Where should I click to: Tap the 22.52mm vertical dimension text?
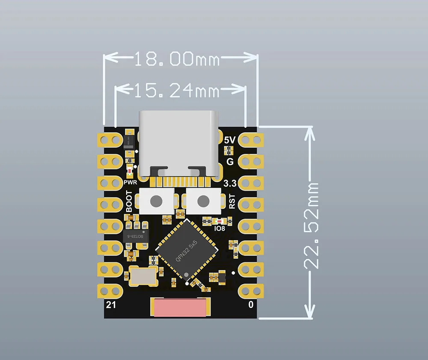click(x=312, y=225)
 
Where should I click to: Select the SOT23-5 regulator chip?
click(x=136, y=236)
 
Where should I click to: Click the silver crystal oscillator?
click(x=142, y=274)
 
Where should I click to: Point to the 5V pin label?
click(x=230, y=140)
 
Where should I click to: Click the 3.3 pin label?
click(x=230, y=184)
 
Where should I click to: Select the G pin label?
click(x=230, y=162)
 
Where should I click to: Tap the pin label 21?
click(x=111, y=304)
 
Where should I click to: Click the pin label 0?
click(x=251, y=304)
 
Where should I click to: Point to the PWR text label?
click(x=130, y=182)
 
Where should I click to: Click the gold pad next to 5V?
click(x=251, y=140)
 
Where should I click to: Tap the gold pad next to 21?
click(x=110, y=291)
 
